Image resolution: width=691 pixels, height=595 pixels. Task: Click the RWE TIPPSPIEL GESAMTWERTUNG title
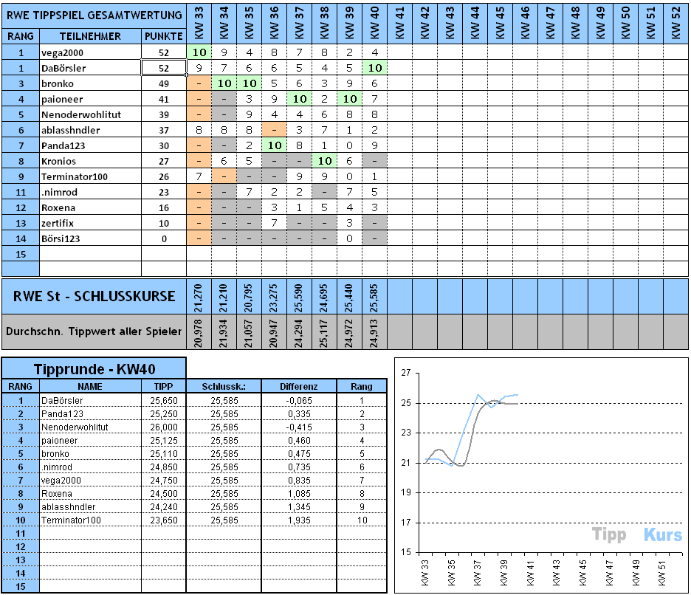94,15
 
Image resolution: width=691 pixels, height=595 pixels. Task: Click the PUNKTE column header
164,36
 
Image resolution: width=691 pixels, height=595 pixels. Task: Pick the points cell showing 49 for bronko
164,83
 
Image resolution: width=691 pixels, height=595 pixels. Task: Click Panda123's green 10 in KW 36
274,145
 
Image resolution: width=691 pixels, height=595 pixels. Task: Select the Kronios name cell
58,161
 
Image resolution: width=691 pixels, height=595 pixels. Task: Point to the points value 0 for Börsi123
164,238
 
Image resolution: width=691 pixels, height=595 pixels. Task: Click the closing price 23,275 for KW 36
275,297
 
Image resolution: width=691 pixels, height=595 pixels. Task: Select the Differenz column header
299,386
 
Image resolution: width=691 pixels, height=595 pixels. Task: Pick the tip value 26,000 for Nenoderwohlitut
164,427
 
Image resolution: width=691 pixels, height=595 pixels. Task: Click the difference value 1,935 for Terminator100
299,520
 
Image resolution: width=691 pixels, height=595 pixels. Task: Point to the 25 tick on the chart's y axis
405,403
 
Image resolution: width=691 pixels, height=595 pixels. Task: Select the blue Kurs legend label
662,535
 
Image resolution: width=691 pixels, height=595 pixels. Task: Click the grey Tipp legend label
609,535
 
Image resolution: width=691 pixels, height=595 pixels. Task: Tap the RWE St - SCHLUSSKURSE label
94,297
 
